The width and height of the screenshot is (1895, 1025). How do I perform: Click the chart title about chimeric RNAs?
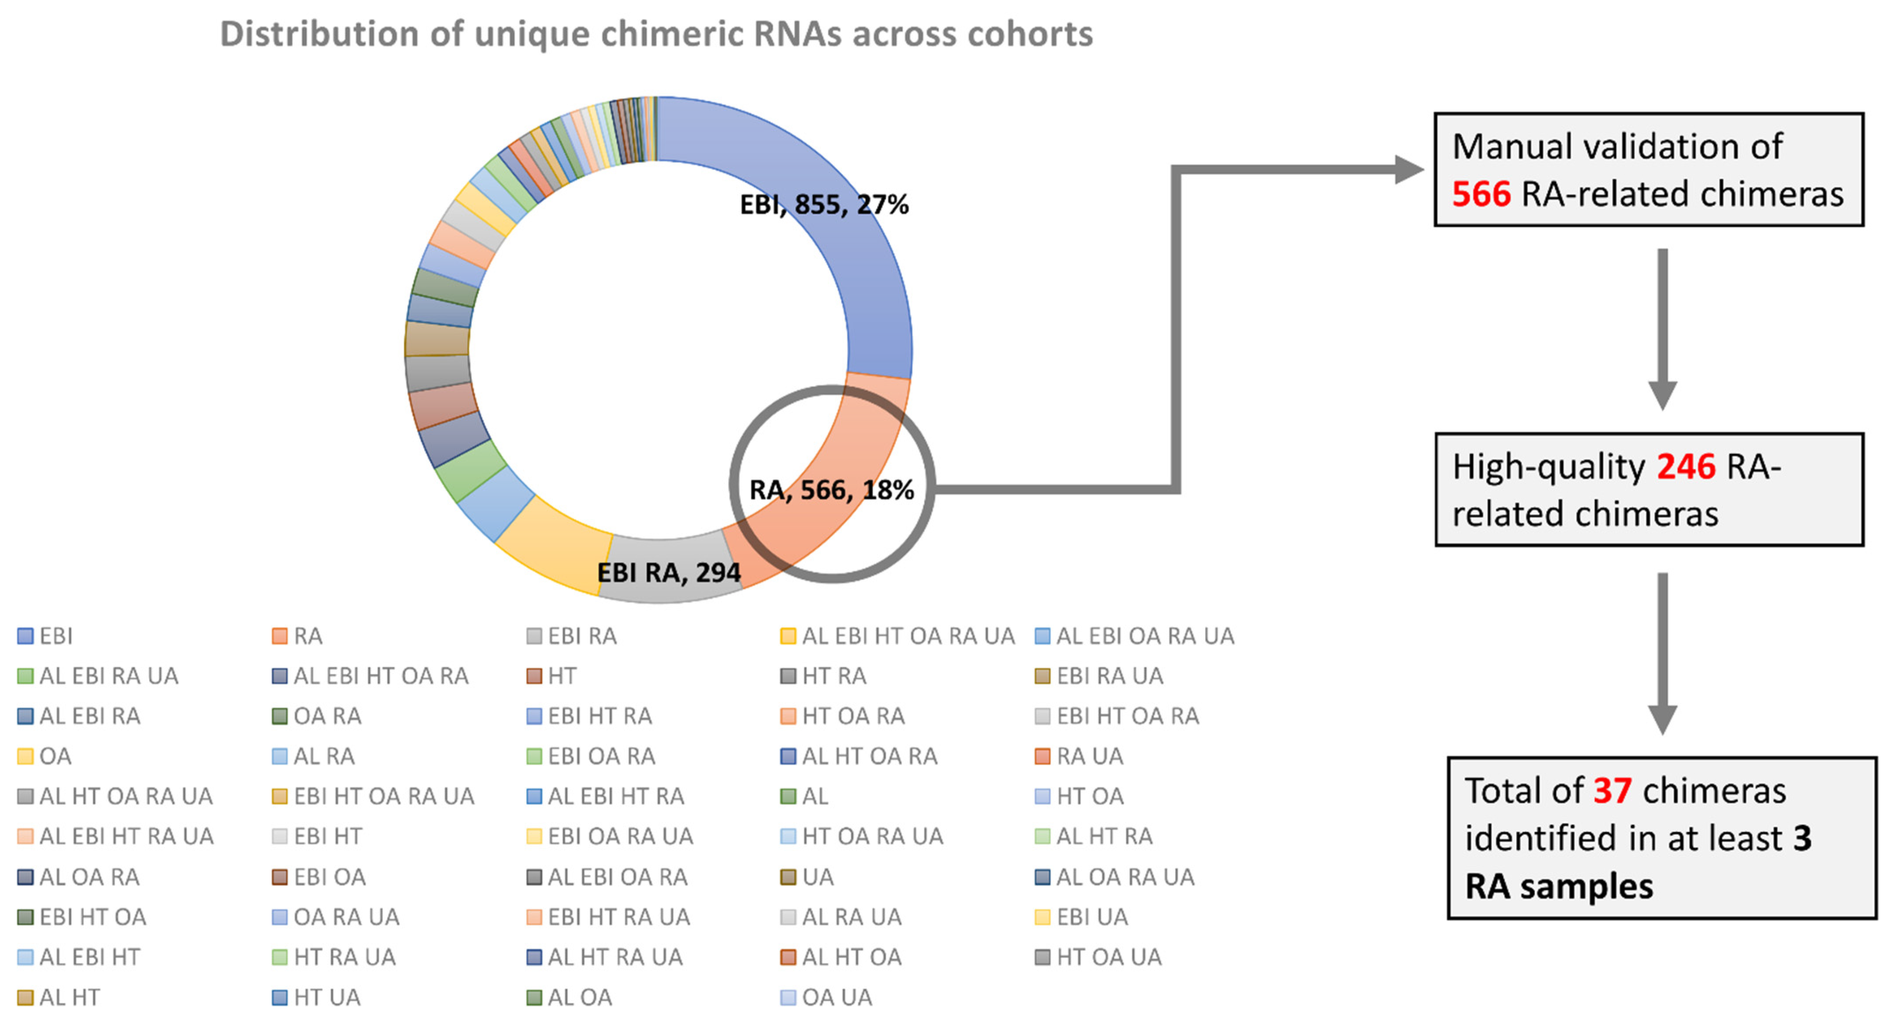[x=656, y=34]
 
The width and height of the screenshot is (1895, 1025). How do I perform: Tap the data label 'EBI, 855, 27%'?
[x=824, y=204]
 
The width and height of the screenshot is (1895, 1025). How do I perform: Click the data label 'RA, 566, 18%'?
[x=831, y=490]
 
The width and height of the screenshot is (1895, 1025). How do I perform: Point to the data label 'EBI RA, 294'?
[x=668, y=572]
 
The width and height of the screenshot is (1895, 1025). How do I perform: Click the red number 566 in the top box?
[x=1481, y=194]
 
